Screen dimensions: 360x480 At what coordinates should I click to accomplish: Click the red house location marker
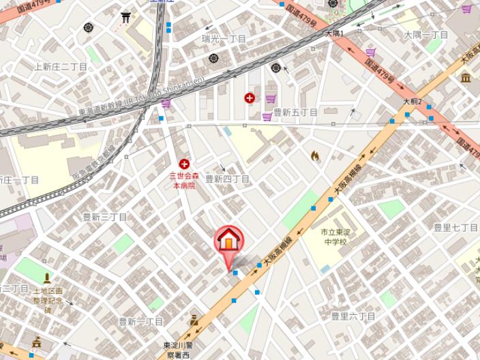point(229,241)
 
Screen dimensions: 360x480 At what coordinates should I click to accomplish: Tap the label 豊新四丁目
point(228,179)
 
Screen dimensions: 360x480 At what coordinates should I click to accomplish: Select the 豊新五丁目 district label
point(295,112)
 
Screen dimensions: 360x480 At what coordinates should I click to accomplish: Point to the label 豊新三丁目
point(105,217)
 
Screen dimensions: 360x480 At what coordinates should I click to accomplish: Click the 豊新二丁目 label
point(141,321)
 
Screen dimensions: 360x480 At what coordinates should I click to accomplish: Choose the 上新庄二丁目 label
point(61,67)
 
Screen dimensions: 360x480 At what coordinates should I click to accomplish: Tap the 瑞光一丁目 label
point(224,39)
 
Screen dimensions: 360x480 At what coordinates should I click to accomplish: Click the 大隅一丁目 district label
point(425,35)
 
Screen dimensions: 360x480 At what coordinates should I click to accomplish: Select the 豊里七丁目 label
point(455,227)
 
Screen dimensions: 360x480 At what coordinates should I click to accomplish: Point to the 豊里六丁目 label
point(353,316)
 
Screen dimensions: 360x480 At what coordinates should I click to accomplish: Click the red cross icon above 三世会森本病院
point(184,164)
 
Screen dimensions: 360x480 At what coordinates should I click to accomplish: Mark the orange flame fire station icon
point(314,156)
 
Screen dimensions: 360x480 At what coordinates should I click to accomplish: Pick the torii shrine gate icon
point(125,17)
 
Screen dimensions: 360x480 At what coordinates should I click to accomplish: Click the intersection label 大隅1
point(334,33)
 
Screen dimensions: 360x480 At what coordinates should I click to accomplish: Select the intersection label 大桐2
point(412,102)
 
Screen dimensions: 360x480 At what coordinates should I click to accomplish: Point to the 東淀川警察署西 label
point(181,350)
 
